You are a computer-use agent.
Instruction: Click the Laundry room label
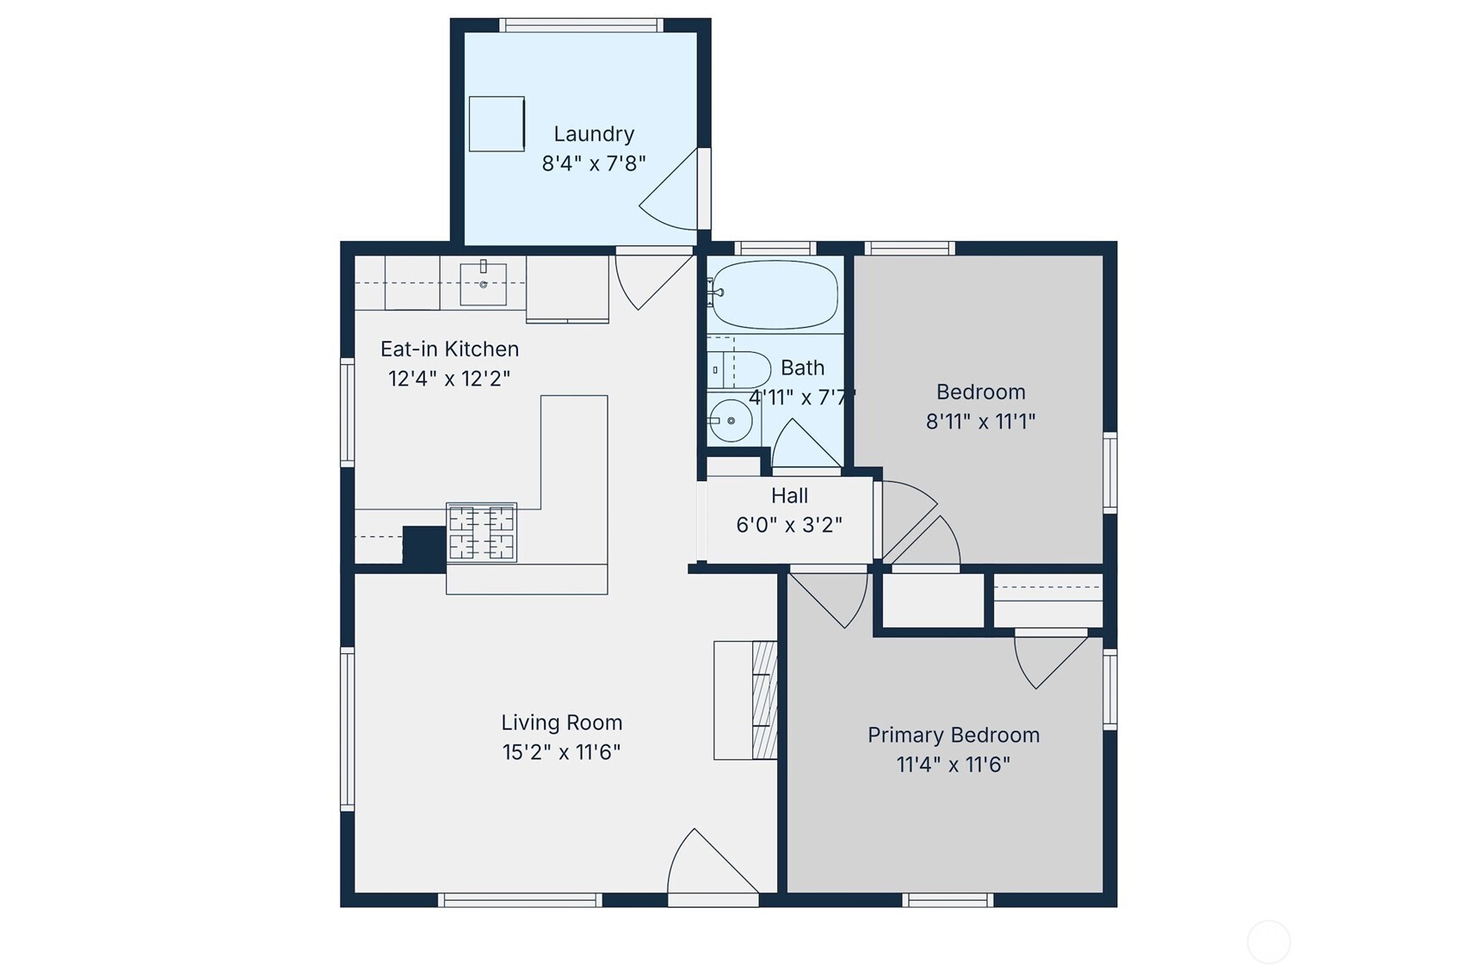tap(594, 134)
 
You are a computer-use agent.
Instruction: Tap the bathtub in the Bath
tap(775, 295)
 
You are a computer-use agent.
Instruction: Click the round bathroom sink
tap(732, 421)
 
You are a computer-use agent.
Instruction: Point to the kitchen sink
tap(483, 284)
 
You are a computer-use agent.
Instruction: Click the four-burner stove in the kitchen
tap(481, 533)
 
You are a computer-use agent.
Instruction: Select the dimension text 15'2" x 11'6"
tap(561, 752)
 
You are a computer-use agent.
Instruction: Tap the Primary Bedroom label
tap(953, 735)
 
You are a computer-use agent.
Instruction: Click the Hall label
tap(789, 496)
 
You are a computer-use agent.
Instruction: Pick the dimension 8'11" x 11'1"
tap(980, 422)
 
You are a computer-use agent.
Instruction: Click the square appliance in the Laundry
tap(497, 124)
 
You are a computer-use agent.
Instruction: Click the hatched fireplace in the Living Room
tap(763, 700)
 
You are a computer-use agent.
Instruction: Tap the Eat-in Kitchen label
tap(449, 349)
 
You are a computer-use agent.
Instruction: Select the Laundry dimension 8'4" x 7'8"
tap(594, 164)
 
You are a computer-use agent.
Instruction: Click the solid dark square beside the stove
tap(423, 546)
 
